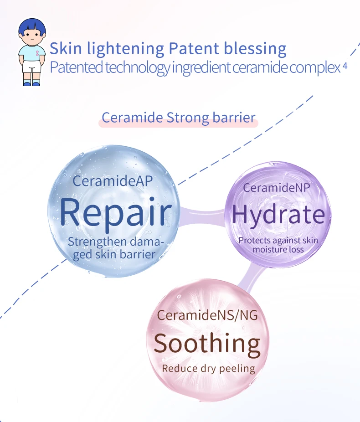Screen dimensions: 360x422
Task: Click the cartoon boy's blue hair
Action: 32,26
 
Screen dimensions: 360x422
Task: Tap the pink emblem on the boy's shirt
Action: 37,53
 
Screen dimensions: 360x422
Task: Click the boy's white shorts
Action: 32,67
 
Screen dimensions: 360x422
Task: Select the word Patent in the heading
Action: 194,48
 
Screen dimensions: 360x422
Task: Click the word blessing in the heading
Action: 255,49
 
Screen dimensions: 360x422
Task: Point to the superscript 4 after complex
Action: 345,66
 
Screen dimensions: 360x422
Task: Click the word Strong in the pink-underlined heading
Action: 188,118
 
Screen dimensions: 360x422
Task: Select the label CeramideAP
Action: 113,180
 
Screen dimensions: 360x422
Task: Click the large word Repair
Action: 116,213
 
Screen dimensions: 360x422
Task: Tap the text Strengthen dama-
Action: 116,242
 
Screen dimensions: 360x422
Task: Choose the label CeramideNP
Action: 276,188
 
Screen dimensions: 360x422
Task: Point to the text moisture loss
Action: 278,249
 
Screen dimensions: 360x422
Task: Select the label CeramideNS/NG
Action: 207,315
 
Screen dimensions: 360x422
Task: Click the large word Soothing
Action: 207,344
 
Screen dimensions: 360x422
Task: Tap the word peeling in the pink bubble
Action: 237,369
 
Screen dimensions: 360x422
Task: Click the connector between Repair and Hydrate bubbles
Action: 202,216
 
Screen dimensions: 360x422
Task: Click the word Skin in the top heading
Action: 66,48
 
